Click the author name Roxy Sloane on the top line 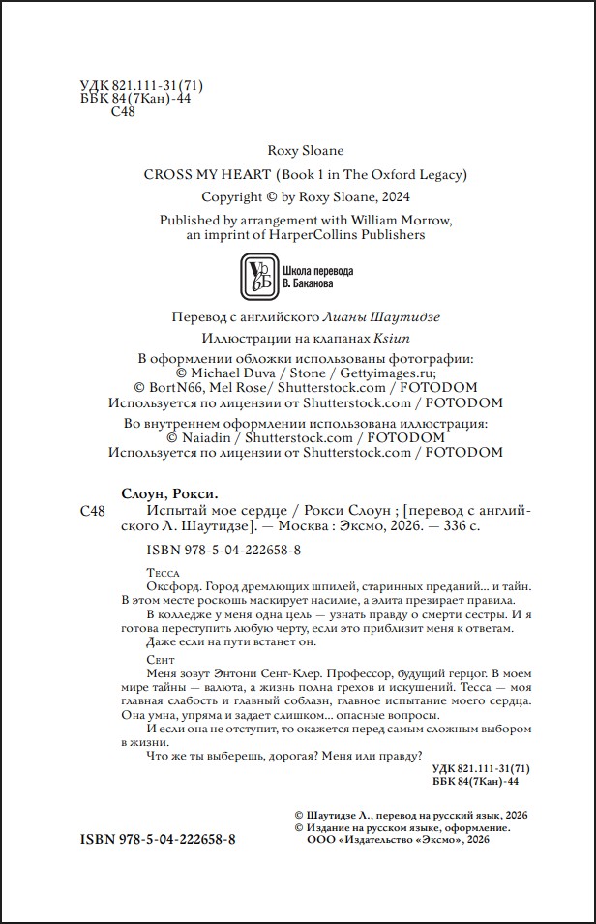(x=305, y=150)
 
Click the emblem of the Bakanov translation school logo (x=256, y=276)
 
